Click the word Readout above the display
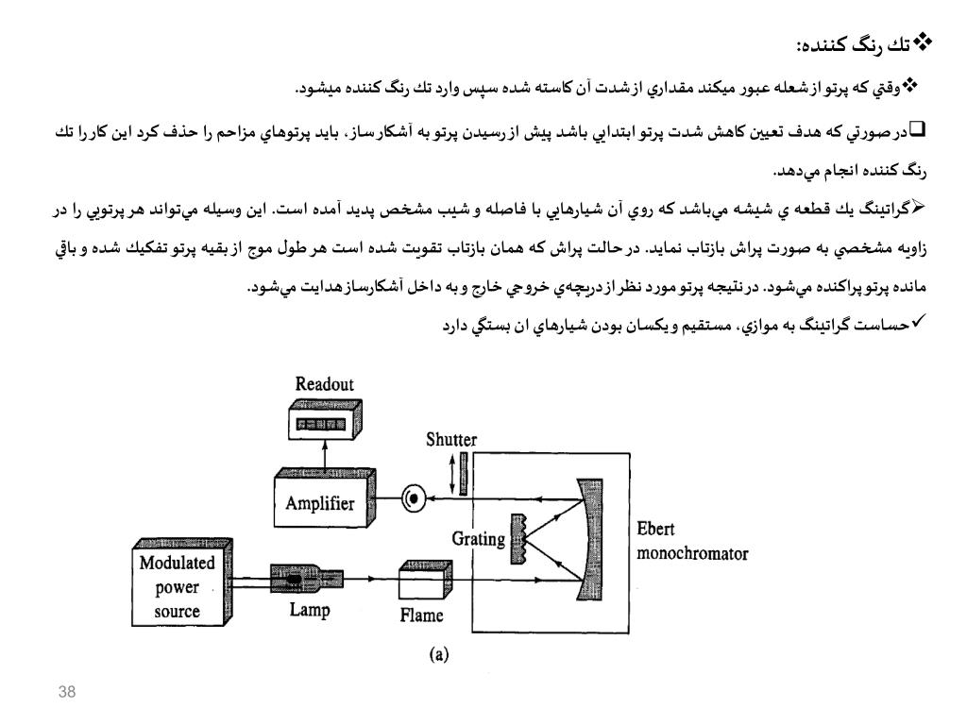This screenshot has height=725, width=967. (325, 385)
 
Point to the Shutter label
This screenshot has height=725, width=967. (451, 441)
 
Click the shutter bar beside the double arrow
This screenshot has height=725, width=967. (464, 473)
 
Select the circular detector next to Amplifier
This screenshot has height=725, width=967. (413, 499)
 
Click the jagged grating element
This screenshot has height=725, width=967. (517, 539)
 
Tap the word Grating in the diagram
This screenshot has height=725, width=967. (479, 541)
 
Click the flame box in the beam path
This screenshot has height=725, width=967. (420, 580)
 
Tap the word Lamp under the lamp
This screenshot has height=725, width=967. (310, 611)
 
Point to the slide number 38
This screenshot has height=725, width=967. (66, 694)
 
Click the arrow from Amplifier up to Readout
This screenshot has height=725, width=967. (323, 455)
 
